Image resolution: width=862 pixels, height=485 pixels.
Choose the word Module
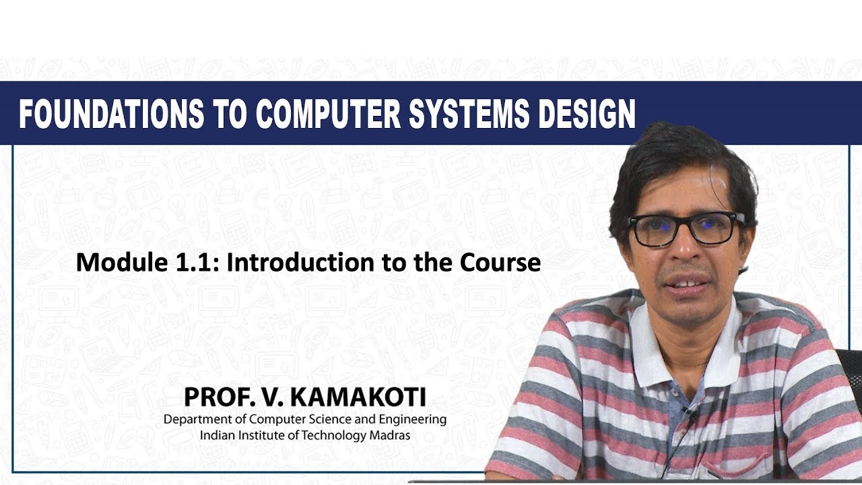pos(117,263)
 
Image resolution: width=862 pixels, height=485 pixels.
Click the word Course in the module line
pos(500,263)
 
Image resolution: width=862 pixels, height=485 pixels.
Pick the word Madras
pos(390,435)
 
